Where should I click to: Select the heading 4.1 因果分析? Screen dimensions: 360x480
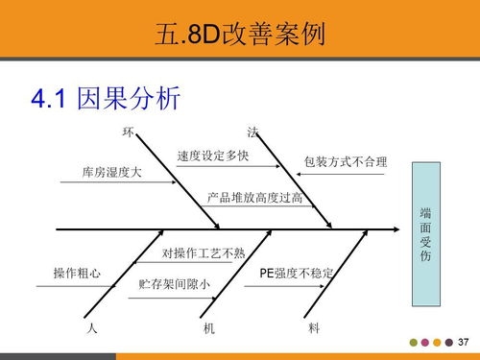(106, 98)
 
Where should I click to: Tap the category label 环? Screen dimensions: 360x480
(128, 131)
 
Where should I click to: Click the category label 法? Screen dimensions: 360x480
(252, 131)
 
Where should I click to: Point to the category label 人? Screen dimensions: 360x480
(91, 328)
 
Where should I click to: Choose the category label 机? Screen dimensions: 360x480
(209, 328)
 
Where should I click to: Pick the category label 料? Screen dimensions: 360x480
(314, 328)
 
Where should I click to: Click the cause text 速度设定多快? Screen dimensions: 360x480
(213, 156)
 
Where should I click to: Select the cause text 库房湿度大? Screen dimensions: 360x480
(111, 173)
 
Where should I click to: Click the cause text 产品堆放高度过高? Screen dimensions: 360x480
(255, 198)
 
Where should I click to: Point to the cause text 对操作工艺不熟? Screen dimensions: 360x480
(204, 254)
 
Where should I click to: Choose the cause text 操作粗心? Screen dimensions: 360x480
(77, 274)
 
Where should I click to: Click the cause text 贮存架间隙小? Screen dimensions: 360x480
(175, 285)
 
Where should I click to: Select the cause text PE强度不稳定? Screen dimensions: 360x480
(297, 274)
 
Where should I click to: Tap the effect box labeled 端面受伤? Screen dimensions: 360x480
(426, 235)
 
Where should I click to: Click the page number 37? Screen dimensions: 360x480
(463, 343)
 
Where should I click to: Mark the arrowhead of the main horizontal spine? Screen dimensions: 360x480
(393, 230)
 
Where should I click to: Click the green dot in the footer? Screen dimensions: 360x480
(414, 343)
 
